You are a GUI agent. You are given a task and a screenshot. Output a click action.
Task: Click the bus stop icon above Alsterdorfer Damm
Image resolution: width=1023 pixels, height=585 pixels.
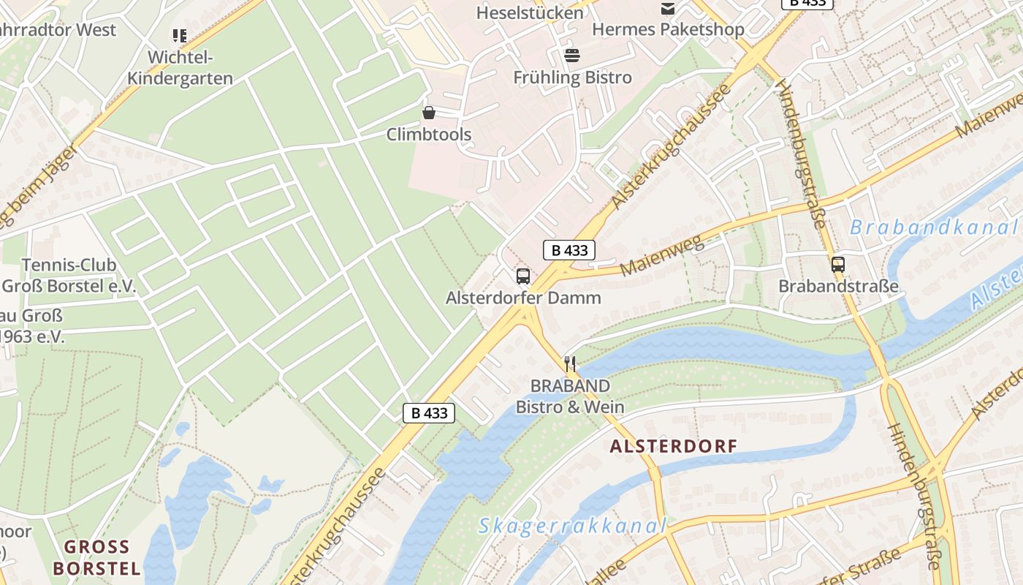[523, 276]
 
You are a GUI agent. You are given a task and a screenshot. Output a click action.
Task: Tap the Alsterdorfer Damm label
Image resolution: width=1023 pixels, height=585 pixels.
[523, 298]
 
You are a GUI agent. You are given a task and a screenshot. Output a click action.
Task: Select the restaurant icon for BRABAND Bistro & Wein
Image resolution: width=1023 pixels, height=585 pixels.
[570, 363]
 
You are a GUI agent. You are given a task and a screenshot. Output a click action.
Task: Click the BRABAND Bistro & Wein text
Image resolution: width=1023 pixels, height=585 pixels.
[570, 396]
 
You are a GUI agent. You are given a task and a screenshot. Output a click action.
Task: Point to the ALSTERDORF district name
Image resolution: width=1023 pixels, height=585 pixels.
[673, 446]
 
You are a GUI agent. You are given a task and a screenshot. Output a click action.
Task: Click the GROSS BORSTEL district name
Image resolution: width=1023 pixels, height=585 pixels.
[96, 557]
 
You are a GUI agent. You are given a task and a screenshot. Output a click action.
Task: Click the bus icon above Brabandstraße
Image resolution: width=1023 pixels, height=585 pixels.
[838, 265]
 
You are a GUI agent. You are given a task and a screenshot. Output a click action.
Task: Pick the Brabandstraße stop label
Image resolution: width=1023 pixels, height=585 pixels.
[838, 286]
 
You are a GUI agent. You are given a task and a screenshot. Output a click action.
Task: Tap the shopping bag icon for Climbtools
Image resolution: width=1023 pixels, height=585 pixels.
[429, 113]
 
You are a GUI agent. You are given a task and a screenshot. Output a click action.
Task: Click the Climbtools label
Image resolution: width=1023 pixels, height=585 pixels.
[429, 135]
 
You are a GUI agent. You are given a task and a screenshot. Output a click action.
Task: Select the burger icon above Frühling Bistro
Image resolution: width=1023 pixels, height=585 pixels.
[572, 56]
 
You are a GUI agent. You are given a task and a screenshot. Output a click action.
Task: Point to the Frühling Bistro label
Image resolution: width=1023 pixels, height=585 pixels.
[572, 78]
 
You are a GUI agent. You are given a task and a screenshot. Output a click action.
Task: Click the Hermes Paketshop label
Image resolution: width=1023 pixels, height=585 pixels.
[667, 29]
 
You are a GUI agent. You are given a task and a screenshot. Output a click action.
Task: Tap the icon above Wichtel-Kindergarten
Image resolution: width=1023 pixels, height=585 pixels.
[180, 35]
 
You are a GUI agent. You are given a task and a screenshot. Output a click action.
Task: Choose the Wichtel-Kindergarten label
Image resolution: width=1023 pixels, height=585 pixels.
[180, 68]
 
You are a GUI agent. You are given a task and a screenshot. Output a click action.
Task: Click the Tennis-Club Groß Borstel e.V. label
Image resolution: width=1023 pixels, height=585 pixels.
[69, 276]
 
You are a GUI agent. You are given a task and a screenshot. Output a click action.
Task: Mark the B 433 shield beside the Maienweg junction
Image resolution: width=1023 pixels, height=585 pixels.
[569, 250]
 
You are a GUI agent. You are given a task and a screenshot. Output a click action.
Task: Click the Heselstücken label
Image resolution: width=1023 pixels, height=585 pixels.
[530, 12]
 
